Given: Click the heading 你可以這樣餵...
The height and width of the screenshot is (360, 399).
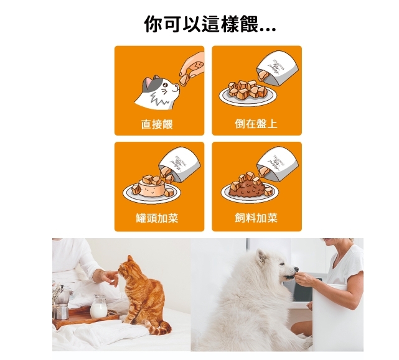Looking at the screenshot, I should tap(210, 25).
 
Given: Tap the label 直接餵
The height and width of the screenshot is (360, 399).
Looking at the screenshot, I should tap(156, 124).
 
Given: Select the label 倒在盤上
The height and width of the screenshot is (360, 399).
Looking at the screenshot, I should tap(256, 124).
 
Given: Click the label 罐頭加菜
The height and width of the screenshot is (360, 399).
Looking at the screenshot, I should tap(157, 218).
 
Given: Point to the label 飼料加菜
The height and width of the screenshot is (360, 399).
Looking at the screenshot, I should tap(256, 218).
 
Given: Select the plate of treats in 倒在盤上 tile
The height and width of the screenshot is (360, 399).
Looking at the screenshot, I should tap(246, 94).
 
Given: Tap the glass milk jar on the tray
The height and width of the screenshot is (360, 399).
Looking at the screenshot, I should tap(98, 307).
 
